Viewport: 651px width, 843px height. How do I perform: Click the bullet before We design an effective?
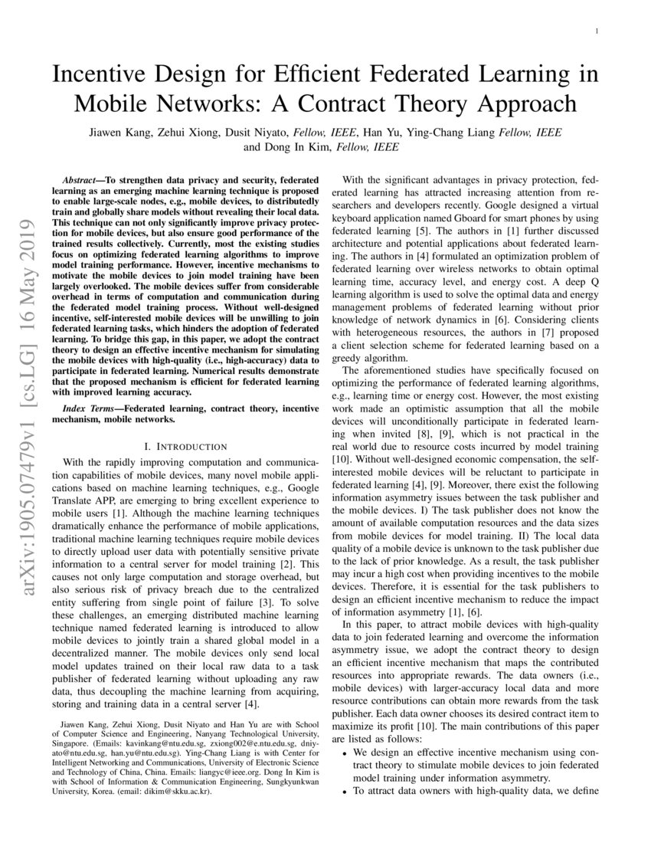[342, 754]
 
